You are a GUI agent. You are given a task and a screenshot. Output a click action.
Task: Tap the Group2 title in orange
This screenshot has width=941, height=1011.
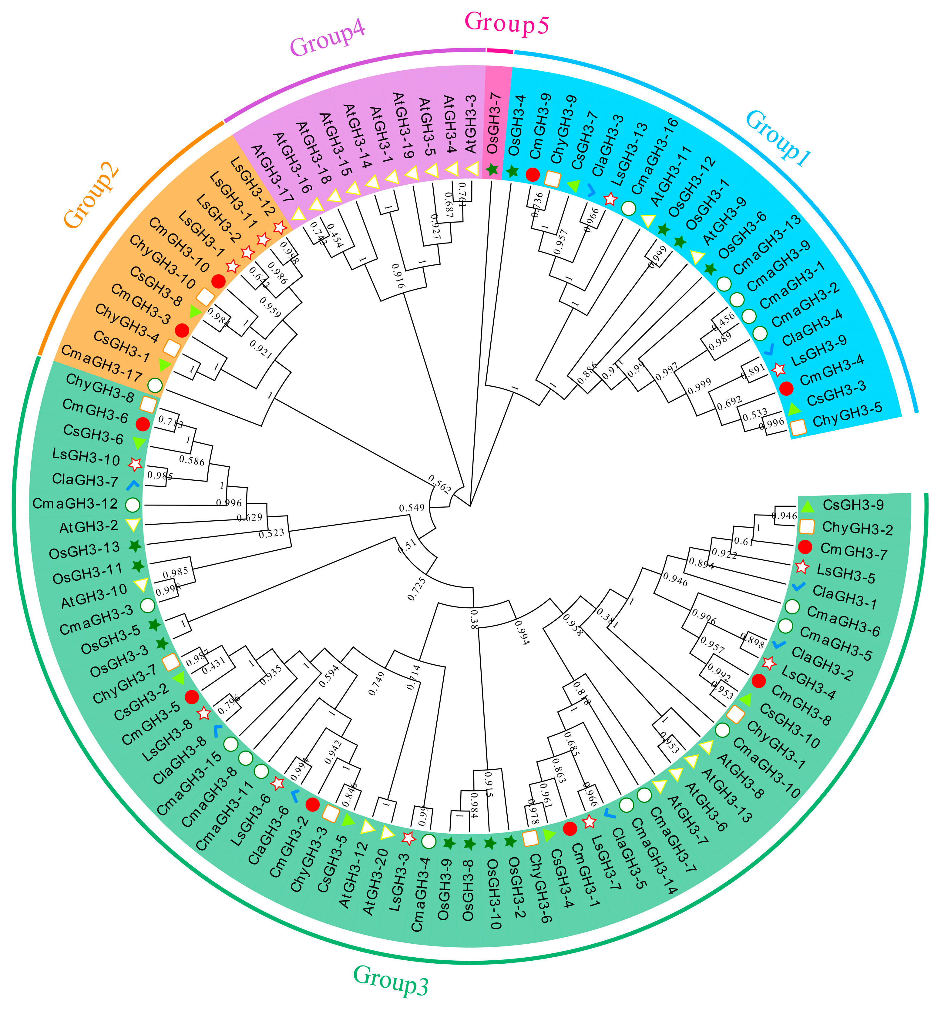click(92, 196)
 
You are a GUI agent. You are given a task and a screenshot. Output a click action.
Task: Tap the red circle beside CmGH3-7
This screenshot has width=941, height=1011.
click(804, 547)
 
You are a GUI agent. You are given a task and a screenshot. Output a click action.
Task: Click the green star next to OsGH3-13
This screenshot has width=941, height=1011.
click(135, 546)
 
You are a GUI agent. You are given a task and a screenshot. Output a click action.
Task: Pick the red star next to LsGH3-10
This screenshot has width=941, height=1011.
click(135, 464)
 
